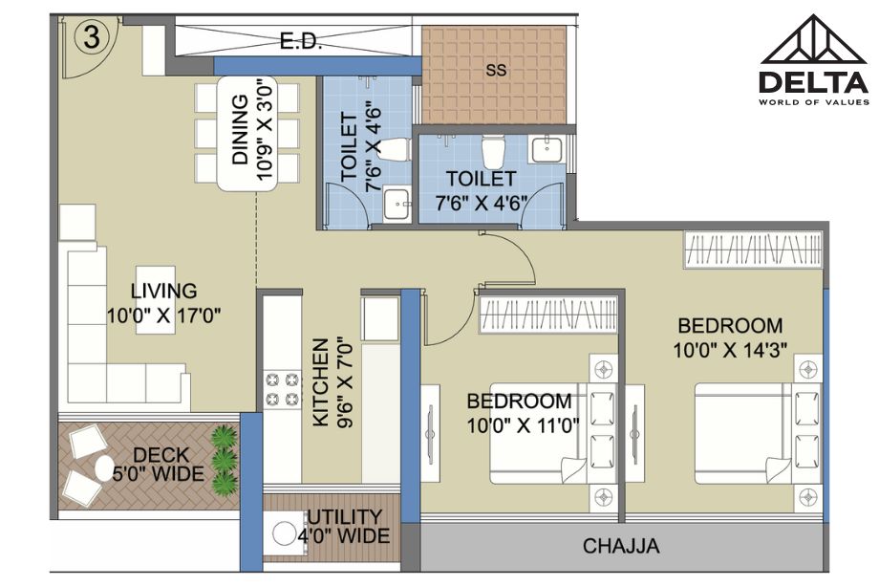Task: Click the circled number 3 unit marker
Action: tap(92, 37)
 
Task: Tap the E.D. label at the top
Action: tap(300, 41)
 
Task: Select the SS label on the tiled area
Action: tap(496, 70)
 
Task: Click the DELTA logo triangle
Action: tap(813, 38)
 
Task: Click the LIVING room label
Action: tap(163, 291)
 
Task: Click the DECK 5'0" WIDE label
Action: tap(159, 465)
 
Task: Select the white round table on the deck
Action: tap(104, 467)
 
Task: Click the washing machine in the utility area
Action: tap(284, 533)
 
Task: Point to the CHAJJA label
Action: tap(621, 546)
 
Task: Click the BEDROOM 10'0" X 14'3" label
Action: tap(730, 337)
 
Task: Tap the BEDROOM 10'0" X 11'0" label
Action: tap(522, 413)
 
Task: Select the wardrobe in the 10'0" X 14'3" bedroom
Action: tap(752, 249)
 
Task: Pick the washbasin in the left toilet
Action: tap(397, 204)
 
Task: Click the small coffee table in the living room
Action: tap(156, 300)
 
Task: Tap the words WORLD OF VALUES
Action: tap(813, 102)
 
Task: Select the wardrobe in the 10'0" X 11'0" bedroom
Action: tap(547, 315)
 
